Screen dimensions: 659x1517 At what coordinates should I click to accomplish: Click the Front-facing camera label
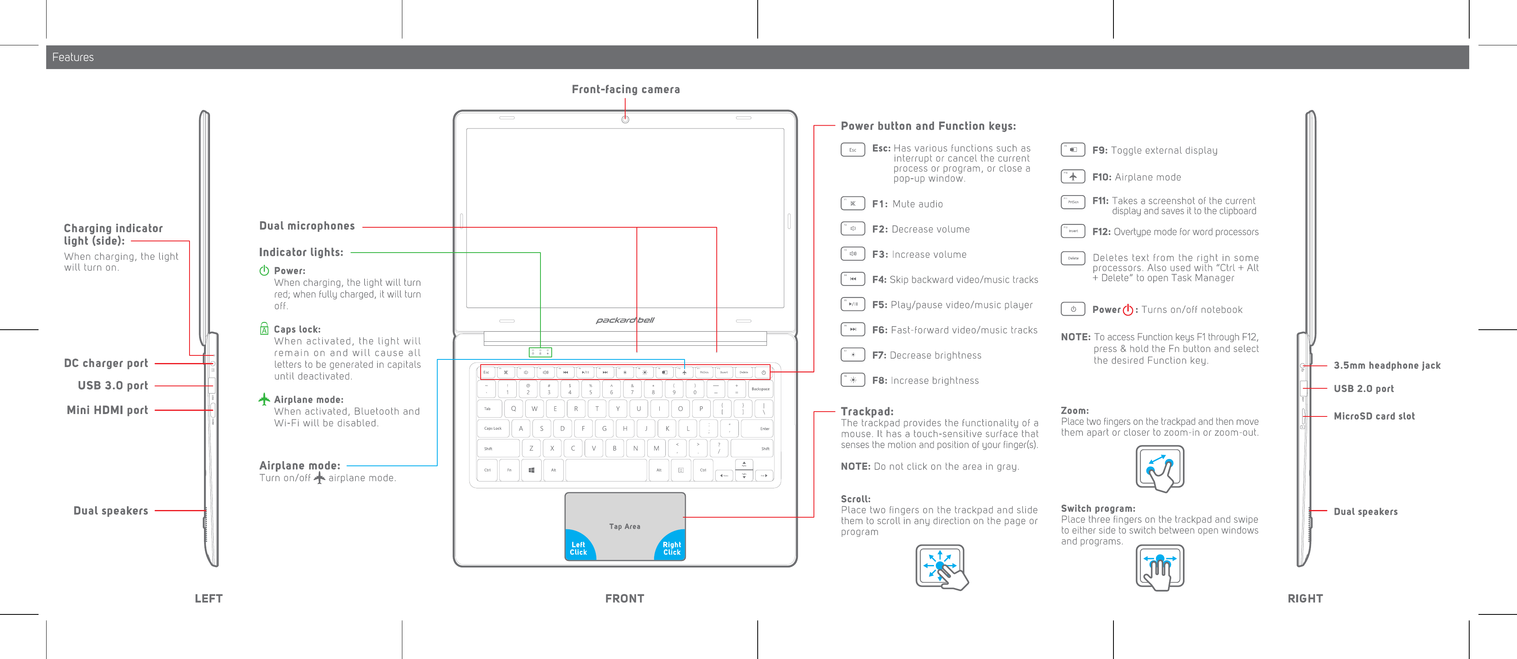(x=626, y=90)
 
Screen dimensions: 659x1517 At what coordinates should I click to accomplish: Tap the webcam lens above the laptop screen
(x=626, y=120)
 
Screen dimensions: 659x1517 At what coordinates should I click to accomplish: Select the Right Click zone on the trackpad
(x=671, y=548)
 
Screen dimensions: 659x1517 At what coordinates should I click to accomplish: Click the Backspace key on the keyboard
(x=760, y=389)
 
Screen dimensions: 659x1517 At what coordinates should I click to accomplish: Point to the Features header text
(x=73, y=57)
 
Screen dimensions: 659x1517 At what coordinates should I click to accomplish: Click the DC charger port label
(x=106, y=363)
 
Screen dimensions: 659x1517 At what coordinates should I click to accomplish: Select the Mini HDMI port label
(x=107, y=410)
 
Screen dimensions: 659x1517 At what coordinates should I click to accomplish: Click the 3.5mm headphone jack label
(x=1387, y=366)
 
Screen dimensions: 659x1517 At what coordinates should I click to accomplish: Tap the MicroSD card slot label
(x=1374, y=416)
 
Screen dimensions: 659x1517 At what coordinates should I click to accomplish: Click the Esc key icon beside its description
(x=852, y=149)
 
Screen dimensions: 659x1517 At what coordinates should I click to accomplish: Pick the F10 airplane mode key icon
(x=1073, y=177)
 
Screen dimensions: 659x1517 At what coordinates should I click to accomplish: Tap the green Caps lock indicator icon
(x=265, y=328)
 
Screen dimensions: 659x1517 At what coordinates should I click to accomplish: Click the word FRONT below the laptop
(x=625, y=598)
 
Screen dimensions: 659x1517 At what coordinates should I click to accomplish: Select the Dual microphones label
(x=307, y=226)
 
